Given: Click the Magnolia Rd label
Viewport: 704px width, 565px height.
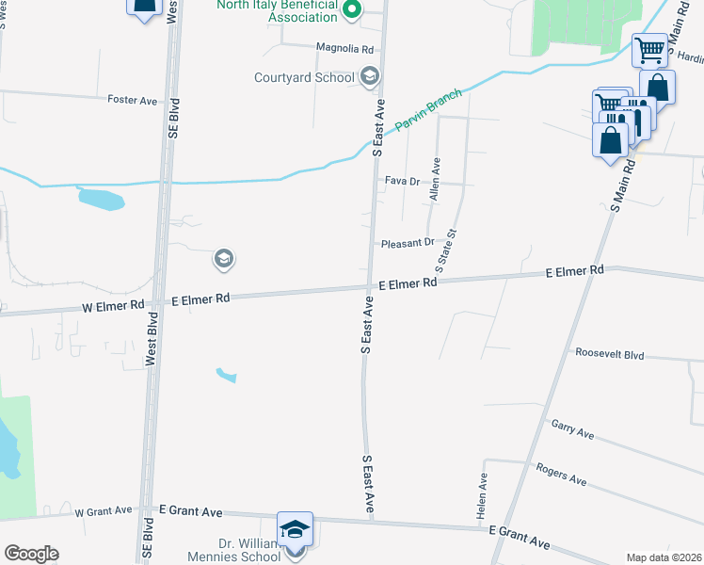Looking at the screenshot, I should [x=345, y=48].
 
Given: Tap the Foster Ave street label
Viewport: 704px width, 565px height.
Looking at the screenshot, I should [x=132, y=100].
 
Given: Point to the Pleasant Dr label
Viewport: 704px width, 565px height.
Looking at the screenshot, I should [x=408, y=243].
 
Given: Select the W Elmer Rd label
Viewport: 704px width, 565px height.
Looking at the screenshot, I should [x=113, y=305].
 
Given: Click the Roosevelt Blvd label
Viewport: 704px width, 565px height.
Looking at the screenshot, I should [x=610, y=355].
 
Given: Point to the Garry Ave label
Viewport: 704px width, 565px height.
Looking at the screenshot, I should [x=572, y=429].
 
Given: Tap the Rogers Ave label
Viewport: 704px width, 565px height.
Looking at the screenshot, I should [x=561, y=474].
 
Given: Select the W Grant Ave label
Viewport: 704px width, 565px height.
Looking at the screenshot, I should [x=104, y=511].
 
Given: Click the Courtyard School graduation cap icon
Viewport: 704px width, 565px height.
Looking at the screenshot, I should [x=370, y=76].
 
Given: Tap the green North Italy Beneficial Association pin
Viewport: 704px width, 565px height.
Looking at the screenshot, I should [x=352, y=12].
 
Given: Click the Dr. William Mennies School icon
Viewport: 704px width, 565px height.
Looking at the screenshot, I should [x=295, y=528].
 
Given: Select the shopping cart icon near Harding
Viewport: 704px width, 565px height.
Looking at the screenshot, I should [x=649, y=50].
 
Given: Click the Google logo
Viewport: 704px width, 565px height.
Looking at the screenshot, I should [x=31, y=554].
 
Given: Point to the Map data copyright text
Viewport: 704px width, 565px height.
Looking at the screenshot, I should [x=664, y=557].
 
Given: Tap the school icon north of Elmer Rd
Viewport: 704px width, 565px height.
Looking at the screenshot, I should [x=223, y=258].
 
